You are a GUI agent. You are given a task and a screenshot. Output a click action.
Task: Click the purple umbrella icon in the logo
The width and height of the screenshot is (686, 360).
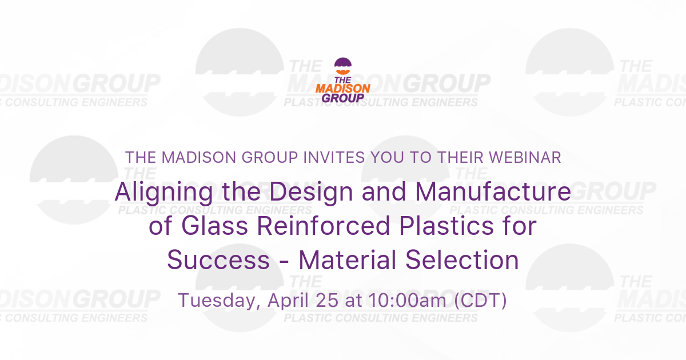[343, 64]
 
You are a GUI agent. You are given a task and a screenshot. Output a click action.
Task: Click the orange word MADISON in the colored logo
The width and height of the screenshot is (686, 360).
[343, 88]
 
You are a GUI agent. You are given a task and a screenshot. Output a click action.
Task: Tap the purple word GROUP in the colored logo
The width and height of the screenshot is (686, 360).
[343, 98]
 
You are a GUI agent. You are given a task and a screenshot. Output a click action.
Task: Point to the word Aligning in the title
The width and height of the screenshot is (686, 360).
[157, 192]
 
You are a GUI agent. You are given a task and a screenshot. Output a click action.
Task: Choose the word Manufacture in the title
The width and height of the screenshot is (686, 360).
[493, 192]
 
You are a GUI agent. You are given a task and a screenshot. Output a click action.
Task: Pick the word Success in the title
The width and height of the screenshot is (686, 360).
[218, 261]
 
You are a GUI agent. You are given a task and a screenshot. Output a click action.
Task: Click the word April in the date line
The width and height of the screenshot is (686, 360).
[284, 301]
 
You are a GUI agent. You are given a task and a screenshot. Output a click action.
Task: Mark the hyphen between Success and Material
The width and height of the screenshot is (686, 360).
[284, 262]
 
